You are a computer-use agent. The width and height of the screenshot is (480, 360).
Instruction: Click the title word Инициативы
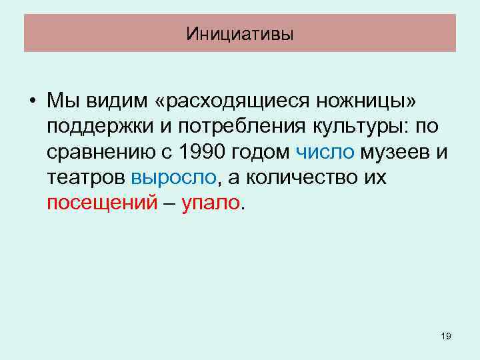coord(240,33)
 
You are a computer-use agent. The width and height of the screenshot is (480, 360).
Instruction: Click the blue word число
coord(325,152)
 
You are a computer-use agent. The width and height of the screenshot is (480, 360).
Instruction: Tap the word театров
coord(87,177)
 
